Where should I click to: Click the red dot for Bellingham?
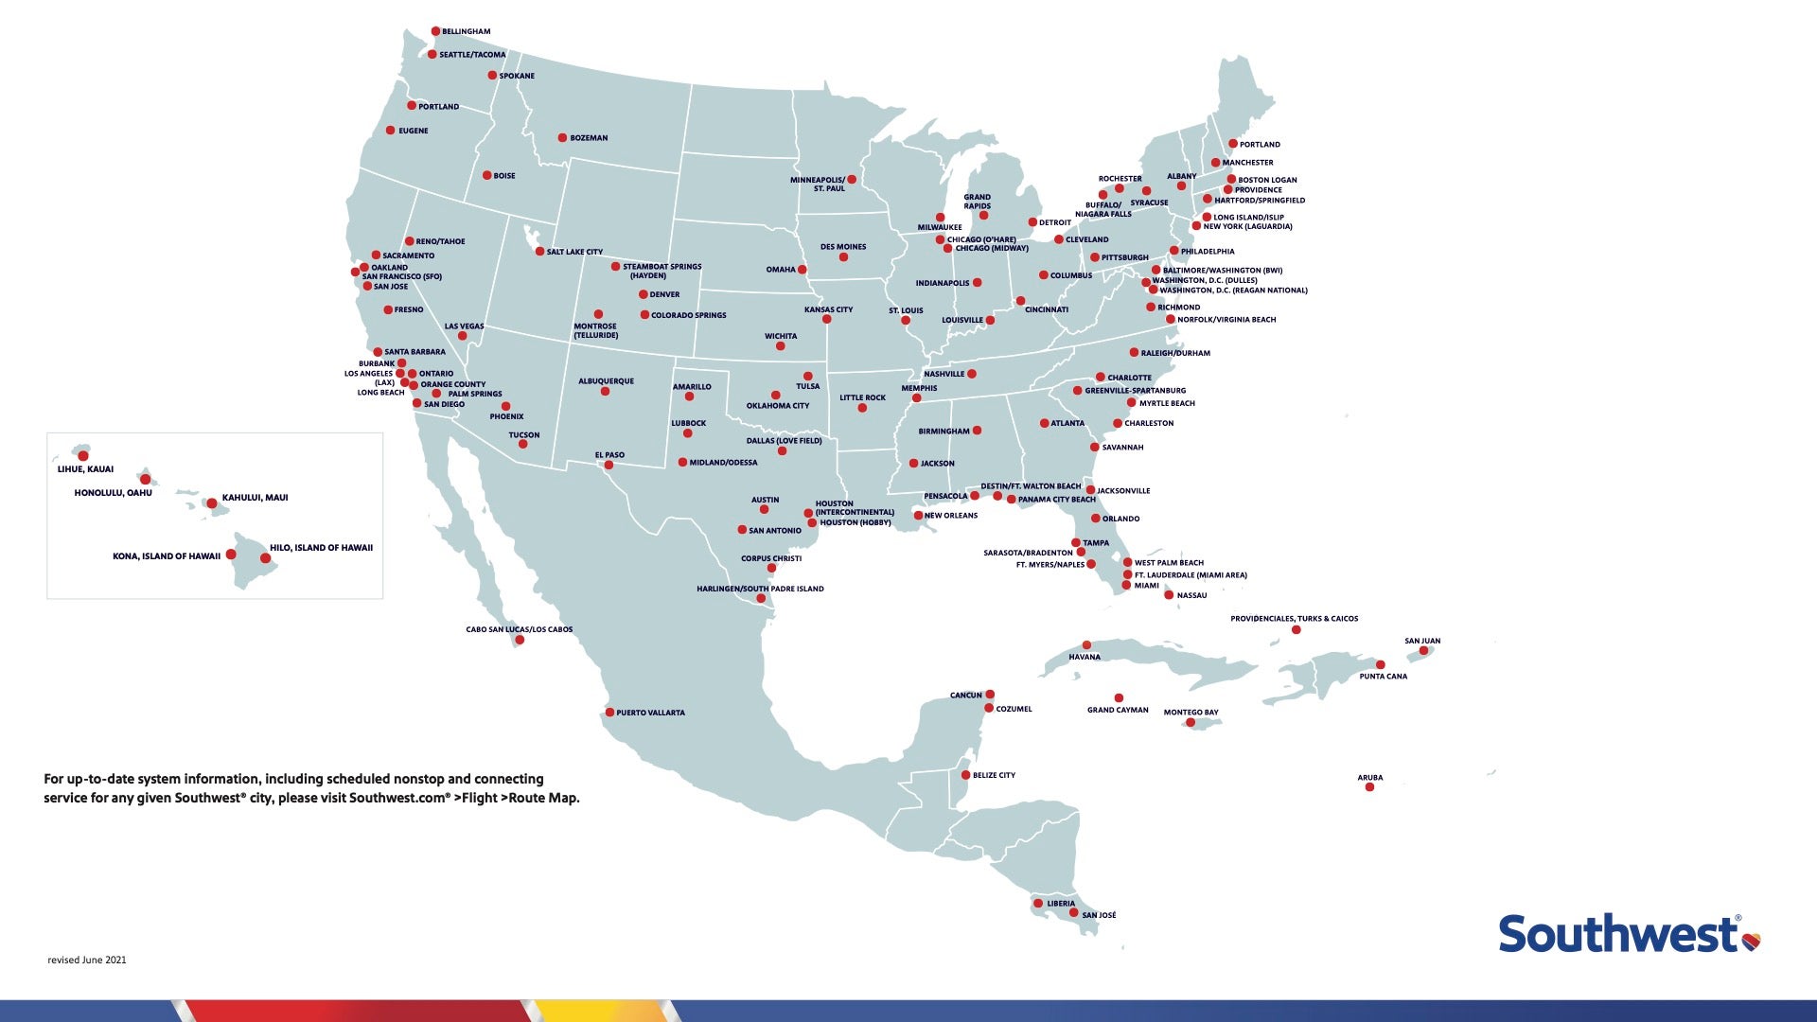[x=435, y=31]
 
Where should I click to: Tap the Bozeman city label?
[x=589, y=138]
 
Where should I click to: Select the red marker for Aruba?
[x=1369, y=787]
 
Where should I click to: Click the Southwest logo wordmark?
[x=1617, y=934]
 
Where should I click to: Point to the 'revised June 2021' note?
[x=87, y=960]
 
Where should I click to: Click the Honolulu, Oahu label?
[x=113, y=493]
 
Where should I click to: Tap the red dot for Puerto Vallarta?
[x=609, y=713]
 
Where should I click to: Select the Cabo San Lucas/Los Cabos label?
[x=519, y=629]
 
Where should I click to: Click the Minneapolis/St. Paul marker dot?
[x=852, y=179]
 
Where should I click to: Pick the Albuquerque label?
[x=606, y=381]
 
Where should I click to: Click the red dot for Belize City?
[x=965, y=775]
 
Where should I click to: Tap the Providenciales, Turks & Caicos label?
[x=1294, y=619]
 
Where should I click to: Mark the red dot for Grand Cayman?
[x=1119, y=698]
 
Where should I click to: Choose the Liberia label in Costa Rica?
[x=1060, y=904]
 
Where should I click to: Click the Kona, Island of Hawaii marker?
[x=231, y=555]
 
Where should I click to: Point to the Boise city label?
[x=504, y=176]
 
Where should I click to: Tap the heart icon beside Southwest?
[x=1751, y=941]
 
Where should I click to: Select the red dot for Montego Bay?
[x=1191, y=723]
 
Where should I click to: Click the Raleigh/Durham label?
[x=1175, y=353]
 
